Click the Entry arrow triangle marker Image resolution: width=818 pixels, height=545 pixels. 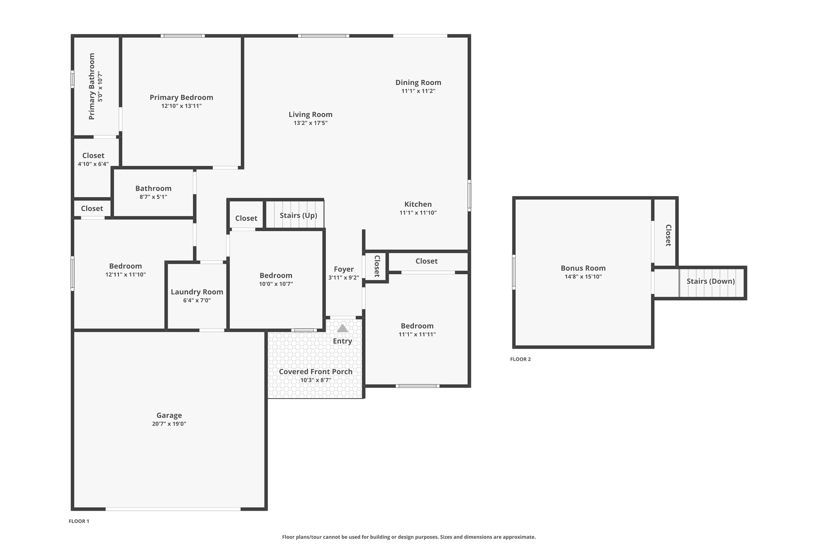[342, 328]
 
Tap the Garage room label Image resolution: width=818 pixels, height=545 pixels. [169, 415]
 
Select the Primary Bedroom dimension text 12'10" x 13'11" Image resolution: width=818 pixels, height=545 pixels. [181, 106]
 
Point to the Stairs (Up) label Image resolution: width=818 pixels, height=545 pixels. [298, 216]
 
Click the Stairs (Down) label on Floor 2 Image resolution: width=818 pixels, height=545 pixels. [711, 281]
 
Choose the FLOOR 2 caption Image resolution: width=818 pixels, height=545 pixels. [520, 359]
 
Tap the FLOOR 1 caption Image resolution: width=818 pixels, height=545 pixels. [79, 521]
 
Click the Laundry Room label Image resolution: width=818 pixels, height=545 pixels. [197, 292]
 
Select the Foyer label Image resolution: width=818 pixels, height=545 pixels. [344, 269]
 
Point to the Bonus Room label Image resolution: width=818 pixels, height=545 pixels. [583, 268]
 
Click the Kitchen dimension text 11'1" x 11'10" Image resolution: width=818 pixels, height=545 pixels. [418, 213]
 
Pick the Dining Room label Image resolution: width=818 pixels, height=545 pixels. [418, 83]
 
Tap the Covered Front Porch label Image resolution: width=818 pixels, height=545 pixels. [316, 372]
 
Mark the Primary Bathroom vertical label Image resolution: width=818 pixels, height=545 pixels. [92, 86]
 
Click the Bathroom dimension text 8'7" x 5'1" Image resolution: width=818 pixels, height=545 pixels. [153, 197]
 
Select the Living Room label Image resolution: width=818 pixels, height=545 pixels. [310, 115]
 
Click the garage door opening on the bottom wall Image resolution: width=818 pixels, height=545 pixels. [173, 509]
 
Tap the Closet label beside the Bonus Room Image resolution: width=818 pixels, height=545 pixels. [668, 235]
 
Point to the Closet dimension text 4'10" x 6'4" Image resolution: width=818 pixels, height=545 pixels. [93, 164]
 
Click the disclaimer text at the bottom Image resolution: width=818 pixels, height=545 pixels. [409, 537]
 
